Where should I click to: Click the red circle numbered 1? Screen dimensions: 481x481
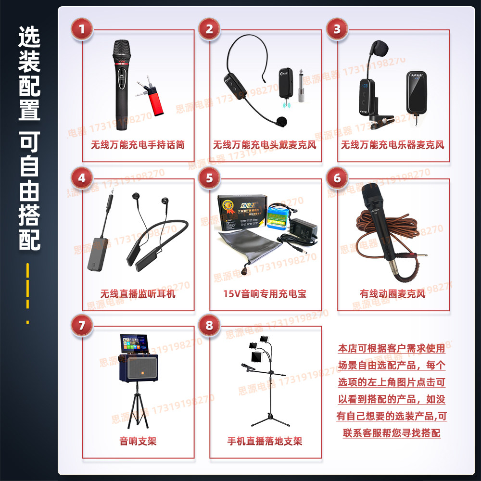pyautogui.click(x=82, y=29)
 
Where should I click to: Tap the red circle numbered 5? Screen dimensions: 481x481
pyautogui.click(x=209, y=178)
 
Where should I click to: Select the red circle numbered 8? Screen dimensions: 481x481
pyautogui.click(x=209, y=326)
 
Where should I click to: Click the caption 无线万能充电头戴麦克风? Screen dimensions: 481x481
pyautogui.click(x=265, y=145)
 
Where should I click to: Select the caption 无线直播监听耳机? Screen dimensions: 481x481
pyautogui.click(x=138, y=293)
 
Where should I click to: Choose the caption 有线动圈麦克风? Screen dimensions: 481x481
pyautogui.click(x=392, y=293)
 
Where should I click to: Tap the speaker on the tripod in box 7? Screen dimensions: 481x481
pyautogui.click(x=139, y=367)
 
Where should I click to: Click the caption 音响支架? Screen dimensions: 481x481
pyautogui.click(x=138, y=441)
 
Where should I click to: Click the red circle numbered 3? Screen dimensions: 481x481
pyautogui.click(x=337, y=29)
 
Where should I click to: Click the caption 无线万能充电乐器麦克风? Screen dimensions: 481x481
pyautogui.click(x=392, y=145)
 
